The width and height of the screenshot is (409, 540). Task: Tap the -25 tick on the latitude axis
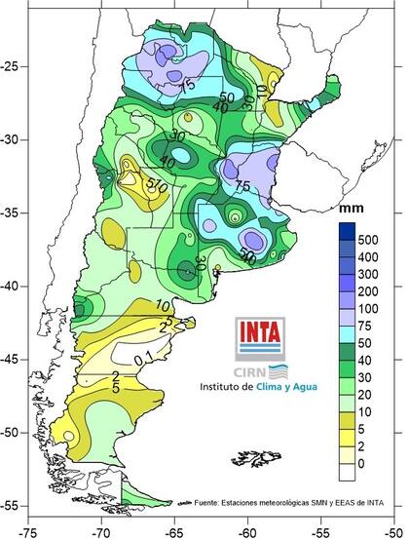(x=13, y=66)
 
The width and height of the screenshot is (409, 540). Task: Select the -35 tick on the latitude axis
(x=13, y=212)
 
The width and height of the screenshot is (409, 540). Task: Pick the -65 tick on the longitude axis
(x=174, y=531)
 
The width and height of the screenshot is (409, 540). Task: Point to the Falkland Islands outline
(x=252, y=454)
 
